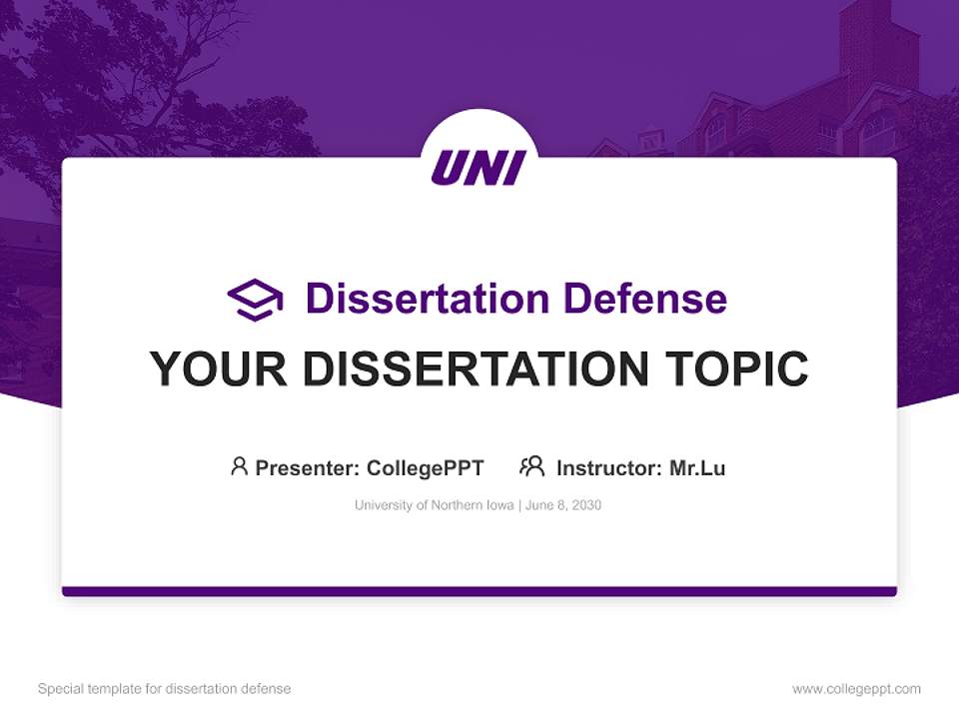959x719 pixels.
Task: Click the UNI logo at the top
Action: pyautogui.click(x=479, y=167)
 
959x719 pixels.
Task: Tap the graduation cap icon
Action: pyautogui.click(x=255, y=300)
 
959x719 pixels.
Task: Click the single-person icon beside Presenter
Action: pyautogui.click(x=239, y=466)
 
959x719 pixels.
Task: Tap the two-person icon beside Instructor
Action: pyautogui.click(x=531, y=466)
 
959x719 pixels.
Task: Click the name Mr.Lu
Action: pyautogui.click(x=697, y=467)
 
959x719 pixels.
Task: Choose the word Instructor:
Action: pyautogui.click(x=609, y=467)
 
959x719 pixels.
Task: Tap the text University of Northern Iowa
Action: pyautogui.click(x=433, y=505)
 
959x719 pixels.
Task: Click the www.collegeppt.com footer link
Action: pyautogui.click(x=856, y=689)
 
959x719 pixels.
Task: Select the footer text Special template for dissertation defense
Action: pyautogui.click(x=165, y=689)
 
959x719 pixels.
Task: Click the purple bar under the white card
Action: pyautogui.click(x=479, y=591)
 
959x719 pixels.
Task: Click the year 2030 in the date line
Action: pyautogui.click(x=586, y=505)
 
